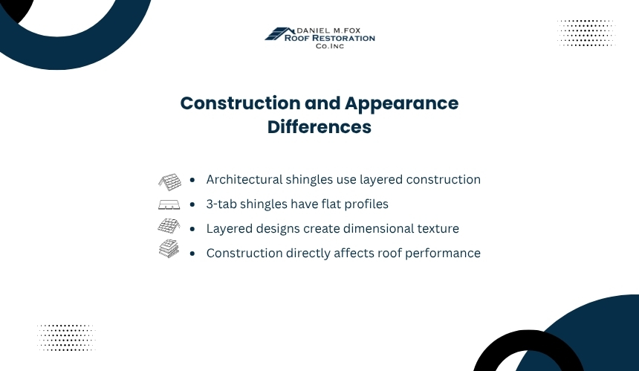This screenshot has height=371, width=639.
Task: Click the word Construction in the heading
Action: [241, 103]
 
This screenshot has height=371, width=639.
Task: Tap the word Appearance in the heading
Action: [401, 104]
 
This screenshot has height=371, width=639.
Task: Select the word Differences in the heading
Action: [319, 127]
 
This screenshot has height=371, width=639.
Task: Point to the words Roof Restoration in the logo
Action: [330, 39]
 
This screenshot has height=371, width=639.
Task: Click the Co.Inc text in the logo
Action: [330, 46]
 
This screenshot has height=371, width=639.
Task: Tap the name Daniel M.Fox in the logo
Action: [328, 30]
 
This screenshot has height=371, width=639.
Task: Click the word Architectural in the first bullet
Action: [244, 179]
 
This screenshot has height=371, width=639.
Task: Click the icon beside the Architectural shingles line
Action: [169, 182]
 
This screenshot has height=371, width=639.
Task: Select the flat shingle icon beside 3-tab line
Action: [169, 204]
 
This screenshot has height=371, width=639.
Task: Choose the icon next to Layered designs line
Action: [169, 226]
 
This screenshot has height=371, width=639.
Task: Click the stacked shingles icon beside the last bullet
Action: [169, 248]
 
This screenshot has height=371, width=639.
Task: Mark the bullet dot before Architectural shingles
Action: [192, 180]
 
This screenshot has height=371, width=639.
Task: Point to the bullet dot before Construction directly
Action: [192, 254]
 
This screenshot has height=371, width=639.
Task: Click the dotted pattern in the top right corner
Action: [586, 33]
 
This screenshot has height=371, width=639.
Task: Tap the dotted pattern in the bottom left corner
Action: [66, 338]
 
